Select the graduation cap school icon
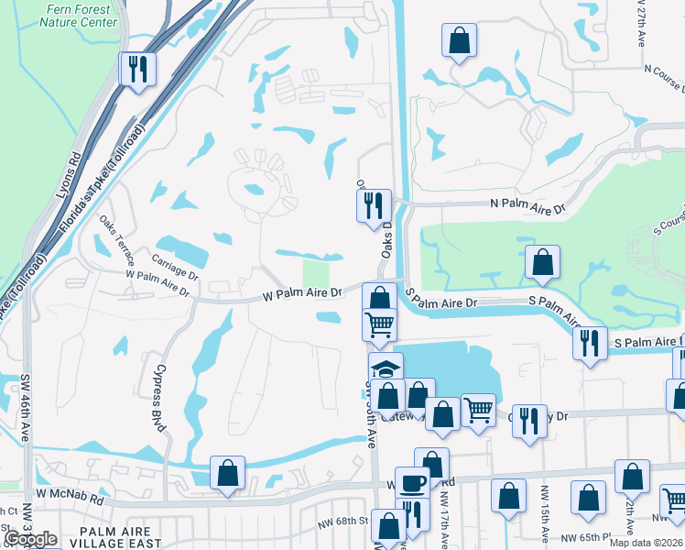coord(386,368)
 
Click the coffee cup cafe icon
coord(412,483)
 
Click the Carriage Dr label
coord(176,267)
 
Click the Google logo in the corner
coord(30,539)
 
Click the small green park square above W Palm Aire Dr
coord(316,272)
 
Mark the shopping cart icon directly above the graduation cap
coord(379,324)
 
